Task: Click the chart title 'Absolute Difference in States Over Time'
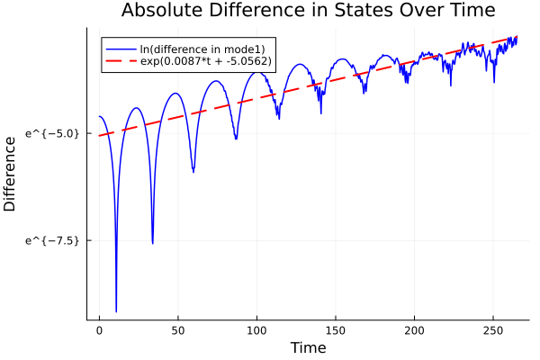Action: pyautogui.click(x=308, y=11)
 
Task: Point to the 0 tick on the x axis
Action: pyautogui.click(x=99, y=331)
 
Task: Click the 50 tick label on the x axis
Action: pyautogui.click(x=178, y=331)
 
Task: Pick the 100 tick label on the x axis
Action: pyautogui.click(x=256, y=331)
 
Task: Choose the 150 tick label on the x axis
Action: pyautogui.click(x=336, y=331)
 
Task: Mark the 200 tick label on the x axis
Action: pyautogui.click(x=414, y=331)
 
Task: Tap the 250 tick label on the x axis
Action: pyautogui.click(x=493, y=331)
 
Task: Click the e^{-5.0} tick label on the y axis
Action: pyautogui.click(x=52, y=134)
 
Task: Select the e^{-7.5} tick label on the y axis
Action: pyautogui.click(x=52, y=240)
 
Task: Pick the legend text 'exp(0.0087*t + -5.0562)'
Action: pyautogui.click(x=206, y=61)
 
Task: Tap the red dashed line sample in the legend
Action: pyautogui.click(x=121, y=61)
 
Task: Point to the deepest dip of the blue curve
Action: pyautogui.click(x=116, y=310)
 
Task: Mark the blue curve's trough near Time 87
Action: pyautogui.click(x=236, y=139)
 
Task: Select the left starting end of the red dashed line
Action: pyautogui.click(x=100, y=136)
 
